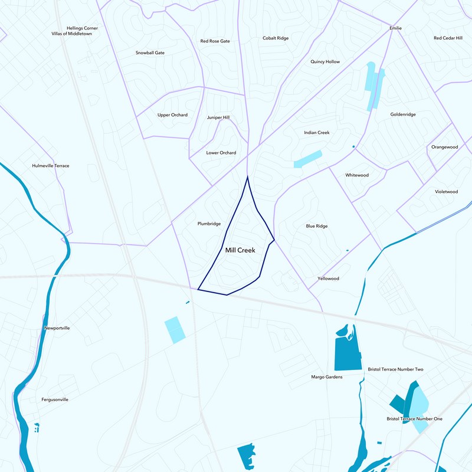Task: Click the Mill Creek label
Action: point(240,251)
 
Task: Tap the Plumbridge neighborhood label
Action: point(209,224)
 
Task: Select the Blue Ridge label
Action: point(317,226)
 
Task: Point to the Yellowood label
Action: point(328,278)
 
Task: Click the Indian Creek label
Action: point(316,133)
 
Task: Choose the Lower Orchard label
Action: point(221,153)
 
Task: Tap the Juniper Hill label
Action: point(218,117)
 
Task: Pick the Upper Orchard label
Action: point(172,115)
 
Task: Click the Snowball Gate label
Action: point(150,53)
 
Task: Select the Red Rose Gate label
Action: point(215,41)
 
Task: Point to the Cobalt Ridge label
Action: point(276,38)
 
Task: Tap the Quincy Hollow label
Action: point(325,62)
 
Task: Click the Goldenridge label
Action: point(403,114)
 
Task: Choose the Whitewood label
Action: point(357,175)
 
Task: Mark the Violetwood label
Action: point(446,192)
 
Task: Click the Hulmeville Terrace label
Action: point(50,166)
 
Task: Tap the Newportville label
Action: point(57,328)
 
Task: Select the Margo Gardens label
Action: point(327,376)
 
